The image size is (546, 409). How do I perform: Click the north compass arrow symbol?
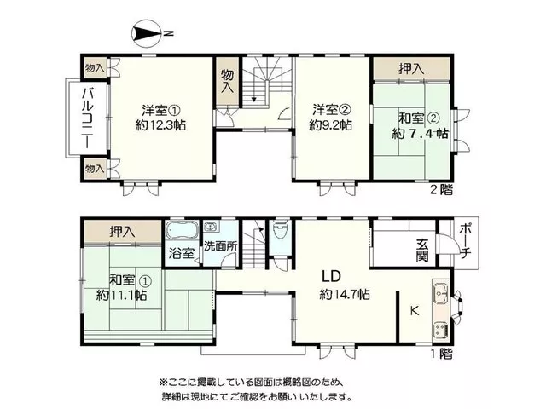pyautogui.click(x=146, y=34)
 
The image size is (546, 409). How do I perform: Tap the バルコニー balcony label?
pyautogui.click(x=88, y=118)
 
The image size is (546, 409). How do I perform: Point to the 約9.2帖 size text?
pyautogui.click(x=330, y=124)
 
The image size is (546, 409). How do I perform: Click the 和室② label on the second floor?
pyautogui.click(x=419, y=118)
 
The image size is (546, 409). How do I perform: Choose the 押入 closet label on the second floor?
pyautogui.click(x=411, y=69)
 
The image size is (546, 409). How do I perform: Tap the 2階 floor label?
pyautogui.click(x=442, y=190)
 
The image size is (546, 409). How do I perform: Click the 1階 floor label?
pyautogui.click(x=442, y=354)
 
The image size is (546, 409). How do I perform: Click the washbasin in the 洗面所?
pyautogui.click(x=212, y=228)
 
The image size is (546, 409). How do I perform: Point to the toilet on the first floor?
pyautogui.click(x=281, y=229)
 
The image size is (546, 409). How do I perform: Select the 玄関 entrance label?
pyautogui.click(x=422, y=251)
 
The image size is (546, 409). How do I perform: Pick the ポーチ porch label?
pyautogui.click(x=465, y=241)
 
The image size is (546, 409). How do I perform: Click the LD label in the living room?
pyautogui.click(x=330, y=276)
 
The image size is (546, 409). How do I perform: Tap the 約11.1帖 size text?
pyautogui.click(x=121, y=296)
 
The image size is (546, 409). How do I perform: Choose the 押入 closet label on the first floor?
pyautogui.click(x=122, y=232)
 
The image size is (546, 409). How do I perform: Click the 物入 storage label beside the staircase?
pyautogui.click(x=228, y=81)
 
